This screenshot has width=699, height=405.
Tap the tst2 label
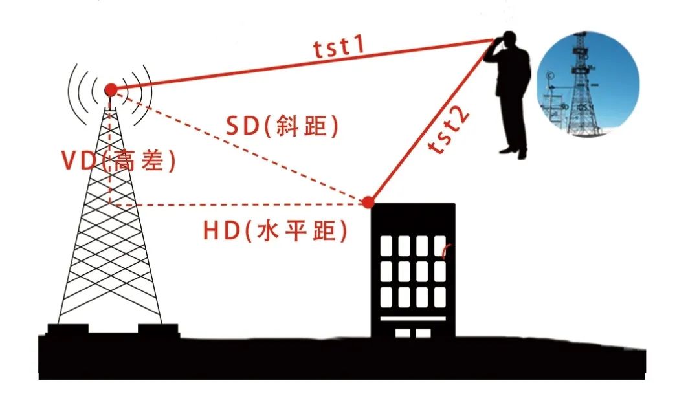pyautogui.click(x=449, y=129)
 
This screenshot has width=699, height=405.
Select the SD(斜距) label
pyautogui.click(x=282, y=126)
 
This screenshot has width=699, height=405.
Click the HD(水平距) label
pyautogui.click(x=274, y=231)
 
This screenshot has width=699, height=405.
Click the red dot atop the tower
pyautogui.click(x=111, y=89)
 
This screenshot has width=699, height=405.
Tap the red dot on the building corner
pyautogui.click(x=368, y=202)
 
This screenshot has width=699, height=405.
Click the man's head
pyautogui.click(x=509, y=39)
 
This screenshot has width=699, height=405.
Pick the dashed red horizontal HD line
pyautogui.click(x=239, y=204)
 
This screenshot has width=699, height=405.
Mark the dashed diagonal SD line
pyautogui.click(x=239, y=146)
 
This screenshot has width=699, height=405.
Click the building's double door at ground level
pyautogui.click(x=413, y=333)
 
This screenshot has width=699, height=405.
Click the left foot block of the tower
pyautogui.click(x=68, y=330)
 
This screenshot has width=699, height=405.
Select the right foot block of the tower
pyautogui.click(x=158, y=330)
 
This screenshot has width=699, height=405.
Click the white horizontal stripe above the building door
pyautogui.click(x=413, y=318)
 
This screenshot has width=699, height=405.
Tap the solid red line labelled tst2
pyautogui.click(x=430, y=121)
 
